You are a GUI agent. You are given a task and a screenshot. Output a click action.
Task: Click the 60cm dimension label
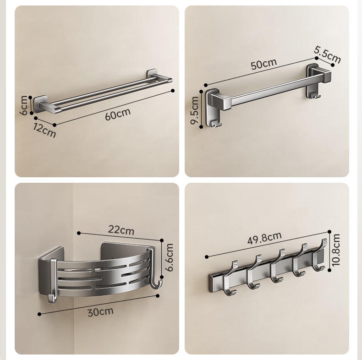[x=118, y=114]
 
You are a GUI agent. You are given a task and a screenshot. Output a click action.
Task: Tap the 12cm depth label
[x=44, y=130]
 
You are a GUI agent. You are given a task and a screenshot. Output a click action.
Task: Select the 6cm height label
[x=23, y=105]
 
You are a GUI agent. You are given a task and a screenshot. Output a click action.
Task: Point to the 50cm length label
[x=263, y=64]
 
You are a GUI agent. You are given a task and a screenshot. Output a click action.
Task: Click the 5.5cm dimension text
[x=327, y=55]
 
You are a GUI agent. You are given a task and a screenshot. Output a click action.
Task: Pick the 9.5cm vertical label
[x=194, y=110]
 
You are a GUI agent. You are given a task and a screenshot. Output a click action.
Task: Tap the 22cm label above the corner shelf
[x=121, y=230]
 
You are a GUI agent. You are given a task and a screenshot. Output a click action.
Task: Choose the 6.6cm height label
[x=170, y=257]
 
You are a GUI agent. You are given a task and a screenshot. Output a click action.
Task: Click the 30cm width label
[x=101, y=312]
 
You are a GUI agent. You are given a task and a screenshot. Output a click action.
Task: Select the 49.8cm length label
[x=264, y=238]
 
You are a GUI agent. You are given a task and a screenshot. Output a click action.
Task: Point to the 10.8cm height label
[x=336, y=250]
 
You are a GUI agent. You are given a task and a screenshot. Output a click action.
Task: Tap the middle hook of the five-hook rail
[x=278, y=266]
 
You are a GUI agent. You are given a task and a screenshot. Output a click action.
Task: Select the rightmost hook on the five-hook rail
[x=319, y=255]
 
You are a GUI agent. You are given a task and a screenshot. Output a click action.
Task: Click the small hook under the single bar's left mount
[x=216, y=124]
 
